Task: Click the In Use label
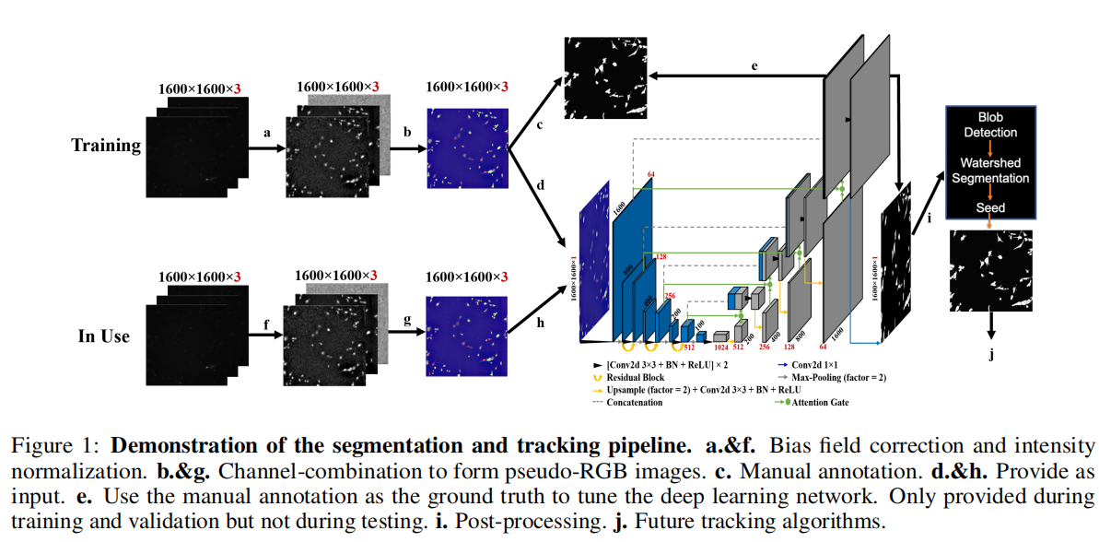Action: (x=104, y=336)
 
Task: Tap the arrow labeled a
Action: (x=267, y=147)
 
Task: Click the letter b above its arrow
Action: (x=406, y=132)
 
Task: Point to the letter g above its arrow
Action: (x=406, y=321)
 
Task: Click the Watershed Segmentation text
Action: (x=990, y=171)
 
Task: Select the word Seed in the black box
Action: (x=990, y=208)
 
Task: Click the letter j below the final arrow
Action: (x=992, y=355)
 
